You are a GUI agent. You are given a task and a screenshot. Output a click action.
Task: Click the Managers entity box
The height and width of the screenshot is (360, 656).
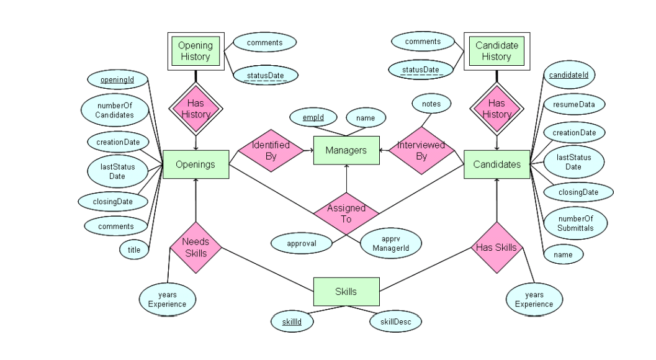346,150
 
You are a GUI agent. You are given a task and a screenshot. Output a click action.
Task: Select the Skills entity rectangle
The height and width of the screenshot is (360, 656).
346,292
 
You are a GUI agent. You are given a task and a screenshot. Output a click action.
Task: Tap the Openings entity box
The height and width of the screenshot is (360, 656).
195,164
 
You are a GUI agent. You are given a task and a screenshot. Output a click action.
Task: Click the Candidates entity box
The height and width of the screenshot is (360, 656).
496,164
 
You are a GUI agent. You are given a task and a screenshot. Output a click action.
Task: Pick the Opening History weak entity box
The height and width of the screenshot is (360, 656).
195,51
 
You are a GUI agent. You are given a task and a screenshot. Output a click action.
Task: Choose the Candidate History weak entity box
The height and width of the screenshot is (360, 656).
496,51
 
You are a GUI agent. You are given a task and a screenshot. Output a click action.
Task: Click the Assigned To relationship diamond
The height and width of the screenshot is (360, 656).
346,214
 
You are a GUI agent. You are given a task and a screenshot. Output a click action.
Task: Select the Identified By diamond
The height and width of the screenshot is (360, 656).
271,151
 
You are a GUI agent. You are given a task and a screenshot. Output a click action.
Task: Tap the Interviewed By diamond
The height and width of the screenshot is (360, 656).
421,151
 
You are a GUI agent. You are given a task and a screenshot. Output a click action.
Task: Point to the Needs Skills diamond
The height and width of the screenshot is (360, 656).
195,248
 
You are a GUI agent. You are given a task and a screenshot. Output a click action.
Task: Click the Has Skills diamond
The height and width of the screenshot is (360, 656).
496,248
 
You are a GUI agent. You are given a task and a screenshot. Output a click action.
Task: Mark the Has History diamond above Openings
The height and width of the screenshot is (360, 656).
195,109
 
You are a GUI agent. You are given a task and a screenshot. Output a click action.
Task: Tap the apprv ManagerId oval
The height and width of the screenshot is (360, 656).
392,243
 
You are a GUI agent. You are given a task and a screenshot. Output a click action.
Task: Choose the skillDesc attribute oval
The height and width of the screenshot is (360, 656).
395,322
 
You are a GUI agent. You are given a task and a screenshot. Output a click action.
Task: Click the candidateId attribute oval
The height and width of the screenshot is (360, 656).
568,75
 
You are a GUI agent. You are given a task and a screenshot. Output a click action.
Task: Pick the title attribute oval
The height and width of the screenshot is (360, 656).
134,250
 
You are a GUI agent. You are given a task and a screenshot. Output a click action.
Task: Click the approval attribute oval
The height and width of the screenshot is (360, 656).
302,243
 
